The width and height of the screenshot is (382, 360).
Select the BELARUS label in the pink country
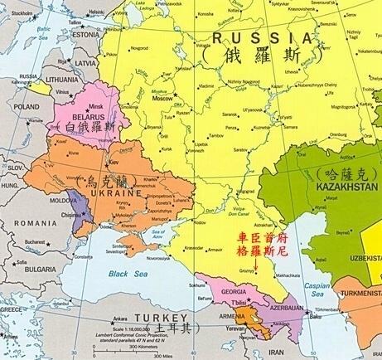pyautogui.click(x=85, y=118)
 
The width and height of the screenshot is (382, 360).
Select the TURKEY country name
pyautogui.click(x=137, y=321)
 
